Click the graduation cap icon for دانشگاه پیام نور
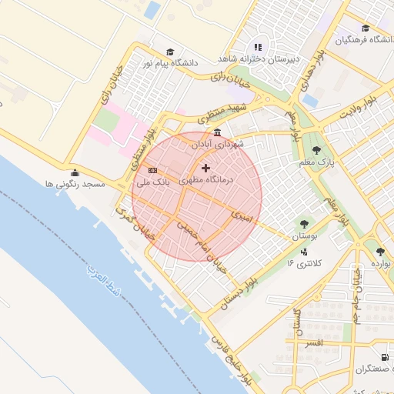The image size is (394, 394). tap(169, 51)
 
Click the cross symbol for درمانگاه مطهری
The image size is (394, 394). tap(205, 168)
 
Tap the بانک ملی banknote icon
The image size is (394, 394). tap(153, 170)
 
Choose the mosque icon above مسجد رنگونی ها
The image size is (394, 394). tap(74, 173)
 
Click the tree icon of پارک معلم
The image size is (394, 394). tap(316, 150)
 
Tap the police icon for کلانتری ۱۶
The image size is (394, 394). tap(305, 251)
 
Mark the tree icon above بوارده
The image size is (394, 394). tap(380, 251)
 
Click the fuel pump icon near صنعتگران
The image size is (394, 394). tap(384, 357)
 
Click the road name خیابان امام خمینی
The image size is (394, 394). tap(202, 245)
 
